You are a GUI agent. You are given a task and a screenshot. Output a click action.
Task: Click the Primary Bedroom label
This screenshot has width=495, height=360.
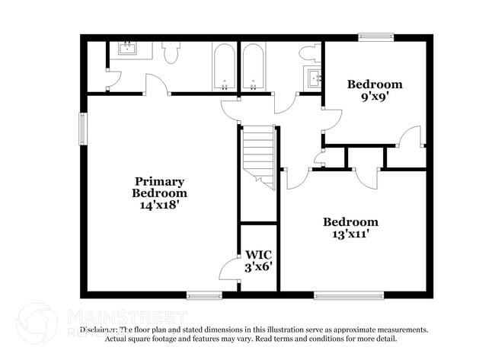[x=160, y=186]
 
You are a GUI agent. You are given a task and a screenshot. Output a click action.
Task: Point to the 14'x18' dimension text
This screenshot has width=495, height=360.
[x=160, y=204]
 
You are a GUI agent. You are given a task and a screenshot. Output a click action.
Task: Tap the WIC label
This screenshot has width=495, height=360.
[x=258, y=254]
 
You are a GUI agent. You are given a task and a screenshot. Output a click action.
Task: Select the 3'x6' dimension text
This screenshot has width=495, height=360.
[x=258, y=267]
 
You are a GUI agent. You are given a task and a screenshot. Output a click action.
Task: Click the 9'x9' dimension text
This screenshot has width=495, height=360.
[x=375, y=97]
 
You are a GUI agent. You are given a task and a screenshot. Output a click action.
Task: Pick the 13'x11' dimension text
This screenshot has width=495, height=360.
[x=350, y=235]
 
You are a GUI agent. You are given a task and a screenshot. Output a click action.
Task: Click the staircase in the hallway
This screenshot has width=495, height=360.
[x=258, y=152]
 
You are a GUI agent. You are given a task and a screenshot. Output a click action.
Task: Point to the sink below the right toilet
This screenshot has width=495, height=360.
[x=314, y=78]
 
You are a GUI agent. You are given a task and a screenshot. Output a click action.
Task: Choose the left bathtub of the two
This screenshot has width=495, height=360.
[x=224, y=68]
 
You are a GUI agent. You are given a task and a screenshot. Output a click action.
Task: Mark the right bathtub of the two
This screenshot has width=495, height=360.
[x=254, y=68]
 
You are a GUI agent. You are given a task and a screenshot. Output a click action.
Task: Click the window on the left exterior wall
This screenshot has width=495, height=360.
[x=83, y=127]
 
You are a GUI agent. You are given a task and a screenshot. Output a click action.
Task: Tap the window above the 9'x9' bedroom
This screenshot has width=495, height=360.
[x=376, y=36]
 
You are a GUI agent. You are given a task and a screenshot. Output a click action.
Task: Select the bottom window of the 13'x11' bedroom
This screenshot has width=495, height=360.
[x=340, y=295]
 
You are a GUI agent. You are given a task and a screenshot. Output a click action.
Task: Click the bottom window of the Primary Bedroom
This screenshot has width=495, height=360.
[x=204, y=295]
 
